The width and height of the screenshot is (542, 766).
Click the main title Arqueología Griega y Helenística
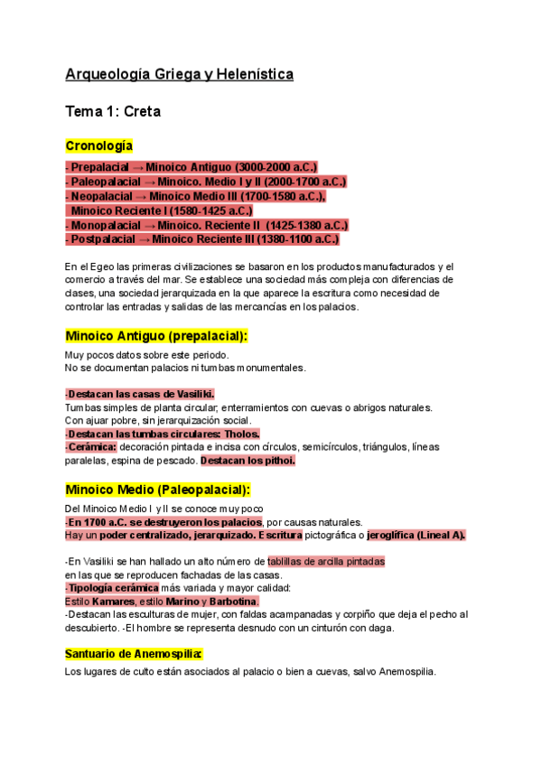(x=179, y=74)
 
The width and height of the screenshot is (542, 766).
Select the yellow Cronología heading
(x=99, y=145)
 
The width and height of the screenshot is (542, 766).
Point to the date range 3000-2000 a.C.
(x=276, y=167)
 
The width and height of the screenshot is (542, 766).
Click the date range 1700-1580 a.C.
(x=283, y=196)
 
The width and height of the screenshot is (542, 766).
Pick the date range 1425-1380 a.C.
(x=305, y=225)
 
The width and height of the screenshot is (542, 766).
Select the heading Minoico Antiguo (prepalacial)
(x=156, y=336)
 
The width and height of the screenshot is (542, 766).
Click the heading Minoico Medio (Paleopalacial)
(x=157, y=490)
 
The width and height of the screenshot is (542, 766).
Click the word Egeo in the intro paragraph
(x=98, y=266)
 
